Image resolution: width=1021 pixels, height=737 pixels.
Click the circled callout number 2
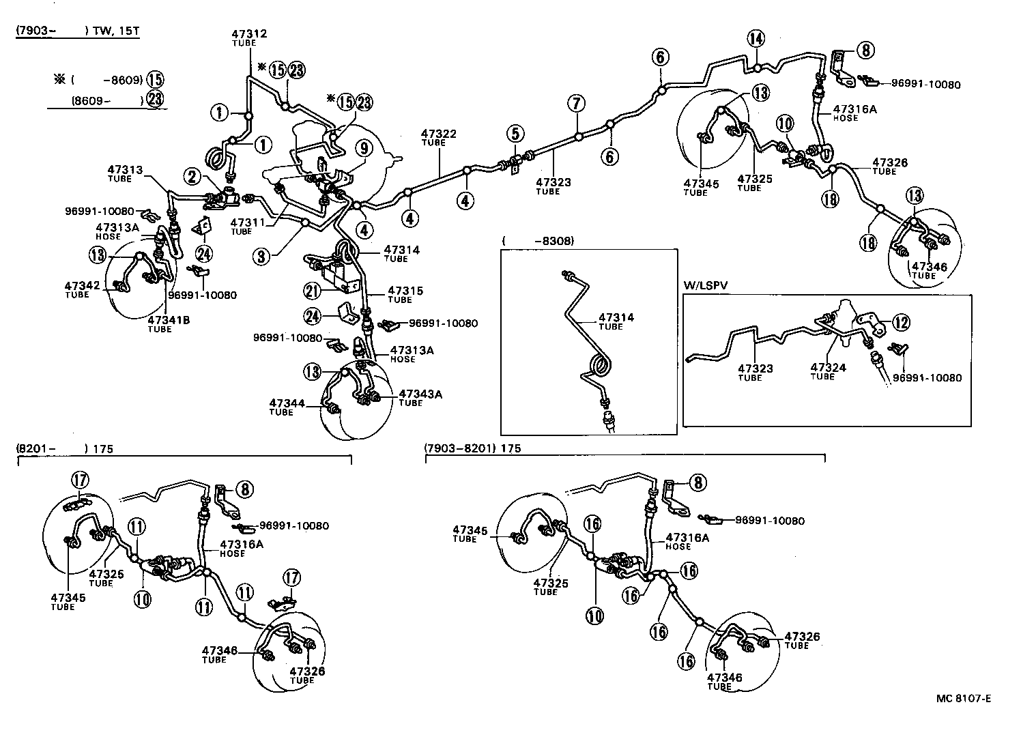pyautogui.click(x=192, y=177)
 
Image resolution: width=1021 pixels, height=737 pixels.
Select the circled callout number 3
pyautogui.click(x=261, y=257)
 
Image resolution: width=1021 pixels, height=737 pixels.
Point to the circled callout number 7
pyautogui.click(x=577, y=104)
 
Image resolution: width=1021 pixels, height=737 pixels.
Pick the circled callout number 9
pyautogui.click(x=362, y=147)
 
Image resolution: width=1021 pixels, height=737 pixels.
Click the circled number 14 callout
pyautogui.click(x=756, y=39)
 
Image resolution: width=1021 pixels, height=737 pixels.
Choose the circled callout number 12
pyautogui.click(x=901, y=322)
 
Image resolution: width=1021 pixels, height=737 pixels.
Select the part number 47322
pyautogui.click(x=439, y=134)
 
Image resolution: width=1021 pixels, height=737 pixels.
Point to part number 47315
pyautogui.click(x=405, y=291)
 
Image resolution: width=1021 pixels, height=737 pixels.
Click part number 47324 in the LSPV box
pyautogui.click(x=828, y=367)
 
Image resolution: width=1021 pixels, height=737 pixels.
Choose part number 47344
pyautogui.click(x=287, y=403)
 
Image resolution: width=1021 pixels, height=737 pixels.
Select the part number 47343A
pyautogui.click(x=420, y=394)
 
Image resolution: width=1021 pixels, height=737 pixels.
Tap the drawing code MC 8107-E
pyautogui.click(x=963, y=698)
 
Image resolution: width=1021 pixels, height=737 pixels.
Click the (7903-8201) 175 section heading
pyautogui.click(x=472, y=448)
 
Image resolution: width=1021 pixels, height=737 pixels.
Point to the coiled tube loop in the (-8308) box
pyautogui.click(x=599, y=367)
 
